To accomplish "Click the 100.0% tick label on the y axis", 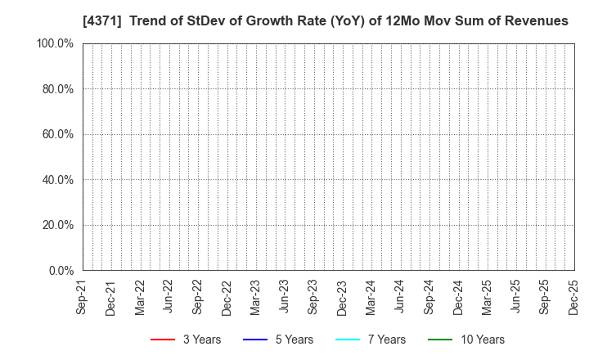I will [x=54, y=43].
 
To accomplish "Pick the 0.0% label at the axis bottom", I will [x=60, y=270].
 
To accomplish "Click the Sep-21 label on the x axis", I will [x=82, y=296].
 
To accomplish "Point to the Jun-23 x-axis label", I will [x=284, y=296].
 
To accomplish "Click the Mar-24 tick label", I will [x=371, y=296].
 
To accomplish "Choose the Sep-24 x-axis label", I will [x=429, y=296].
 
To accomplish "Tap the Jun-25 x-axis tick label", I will [x=515, y=296].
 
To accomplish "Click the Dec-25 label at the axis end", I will [x=573, y=296].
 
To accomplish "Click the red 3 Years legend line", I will [x=163, y=340].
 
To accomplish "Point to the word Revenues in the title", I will [x=537, y=20].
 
